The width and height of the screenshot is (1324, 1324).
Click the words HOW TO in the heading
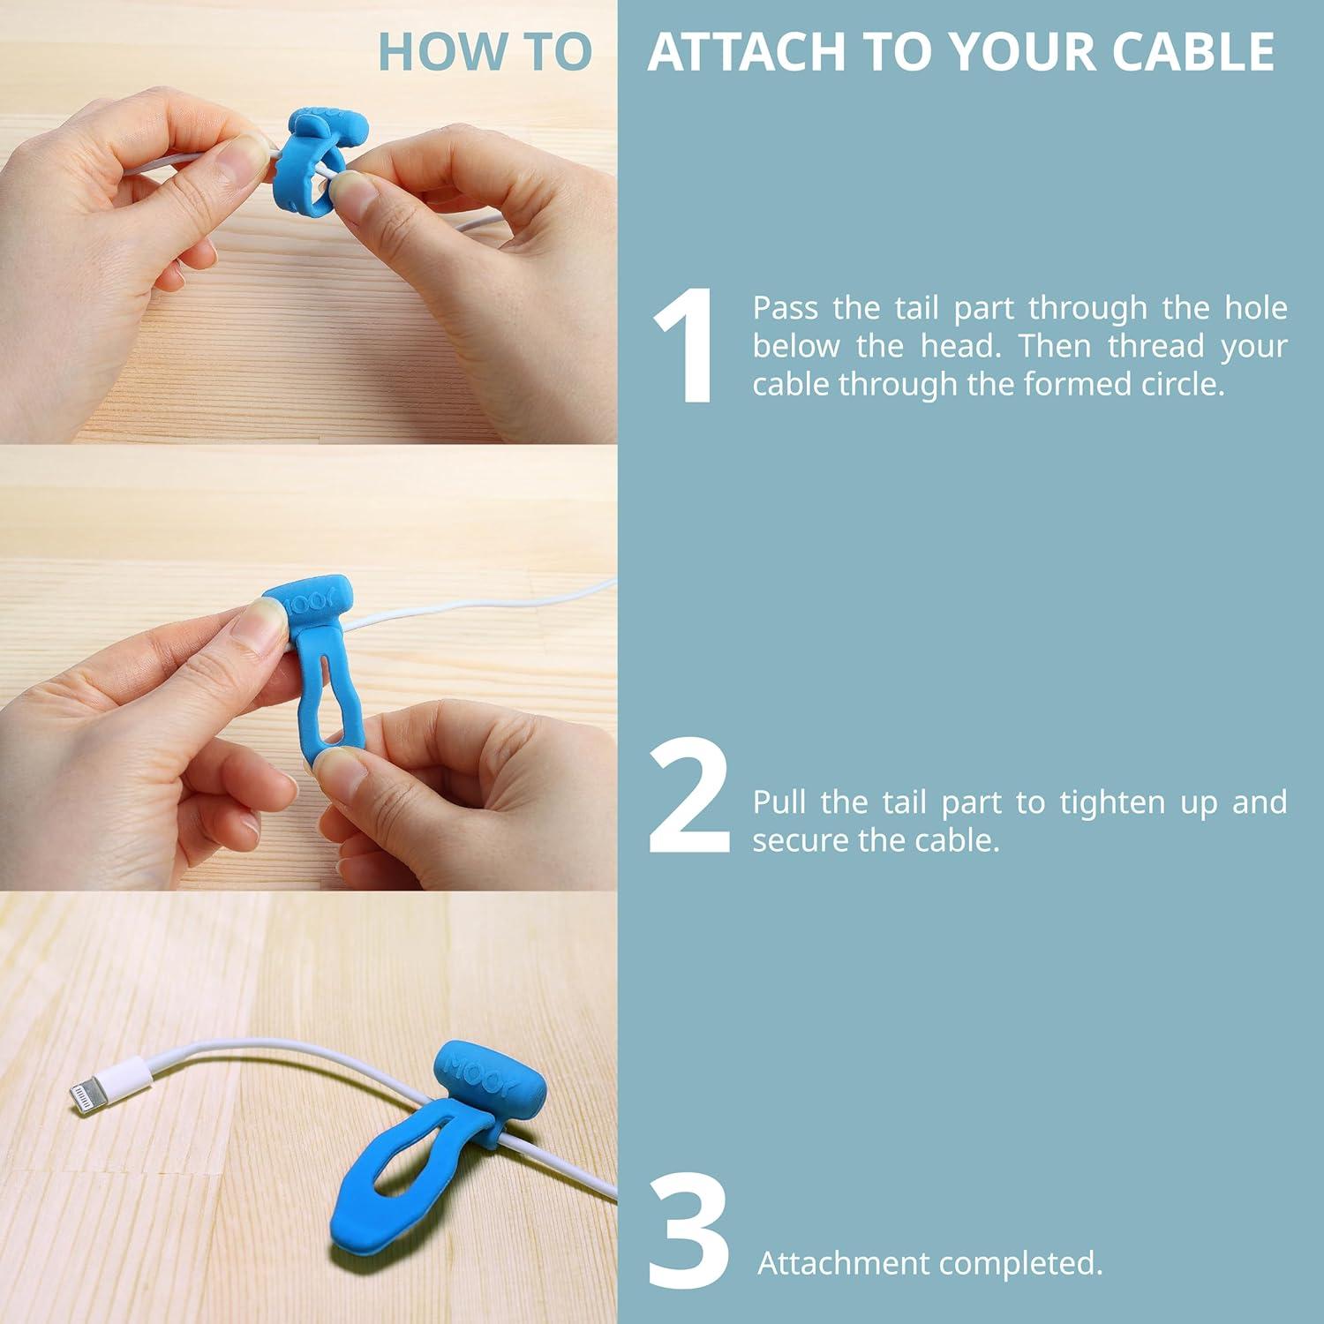(485, 52)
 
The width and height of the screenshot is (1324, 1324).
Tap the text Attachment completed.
(929, 1263)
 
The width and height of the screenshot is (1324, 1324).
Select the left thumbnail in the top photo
(246, 158)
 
